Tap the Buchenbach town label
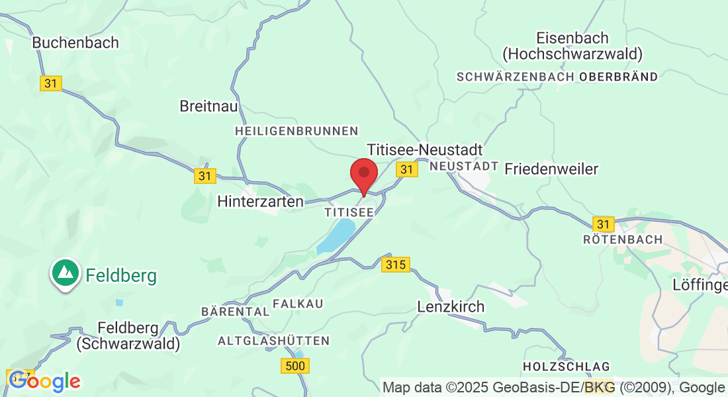pyautogui.click(x=75, y=42)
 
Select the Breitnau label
pyautogui.click(x=208, y=106)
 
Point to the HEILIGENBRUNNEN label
pyautogui.click(x=296, y=132)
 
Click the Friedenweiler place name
pyautogui.click(x=551, y=169)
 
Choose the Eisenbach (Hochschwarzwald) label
pyautogui.click(x=572, y=46)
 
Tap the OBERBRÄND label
pyautogui.click(x=619, y=77)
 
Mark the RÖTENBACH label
pyautogui.click(x=623, y=239)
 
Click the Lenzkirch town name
pyautogui.click(x=451, y=307)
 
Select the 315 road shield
pyautogui.click(x=396, y=265)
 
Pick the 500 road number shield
pyautogui.click(x=295, y=365)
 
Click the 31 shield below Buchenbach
pyautogui.click(x=51, y=83)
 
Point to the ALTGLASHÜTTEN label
pyautogui.click(x=273, y=341)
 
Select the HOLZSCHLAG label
pyautogui.click(x=566, y=366)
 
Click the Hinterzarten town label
pyautogui.click(x=261, y=201)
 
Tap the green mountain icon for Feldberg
pyautogui.click(x=65, y=272)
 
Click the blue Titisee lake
pyautogui.click(x=338, y=236)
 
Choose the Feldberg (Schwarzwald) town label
pyautogui.click(x=128, y=335)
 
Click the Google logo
pyautogui.click(x=45, y=381)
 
